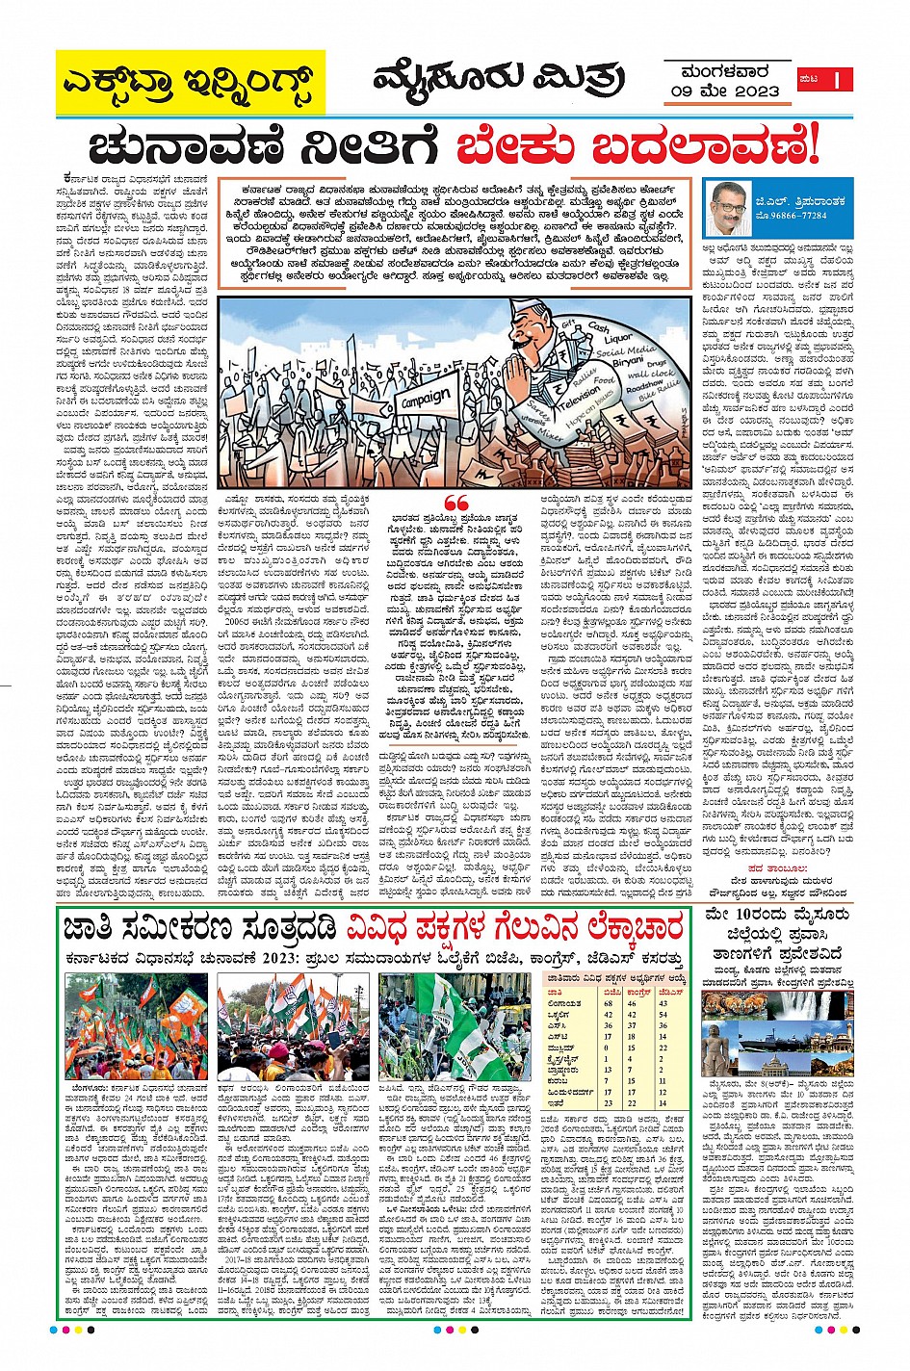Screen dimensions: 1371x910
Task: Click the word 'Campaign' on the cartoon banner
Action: (425, 398)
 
